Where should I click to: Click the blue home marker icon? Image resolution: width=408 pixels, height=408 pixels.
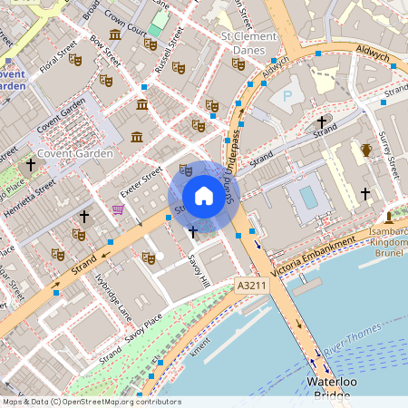[204, 196]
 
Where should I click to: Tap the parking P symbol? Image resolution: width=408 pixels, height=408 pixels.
[287, 94]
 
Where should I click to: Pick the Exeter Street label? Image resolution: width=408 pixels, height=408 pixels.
[141, 182]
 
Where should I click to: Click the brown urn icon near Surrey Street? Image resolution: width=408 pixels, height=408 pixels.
[365, 151]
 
